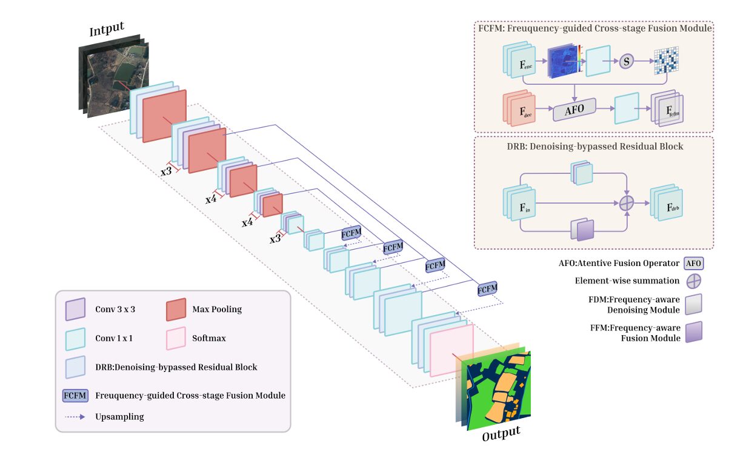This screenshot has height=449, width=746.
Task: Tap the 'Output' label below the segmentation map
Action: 501,433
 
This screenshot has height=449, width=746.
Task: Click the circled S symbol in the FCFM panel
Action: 627,62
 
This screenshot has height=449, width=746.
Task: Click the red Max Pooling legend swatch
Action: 175,309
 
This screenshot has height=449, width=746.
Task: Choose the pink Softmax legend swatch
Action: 175,338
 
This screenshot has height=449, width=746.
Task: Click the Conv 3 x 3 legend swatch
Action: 75,309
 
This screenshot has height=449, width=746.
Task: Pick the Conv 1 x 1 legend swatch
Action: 75,338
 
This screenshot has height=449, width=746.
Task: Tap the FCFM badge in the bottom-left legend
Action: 76,396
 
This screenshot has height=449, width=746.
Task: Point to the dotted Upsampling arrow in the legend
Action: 76,417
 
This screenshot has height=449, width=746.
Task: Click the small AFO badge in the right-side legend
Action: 693,264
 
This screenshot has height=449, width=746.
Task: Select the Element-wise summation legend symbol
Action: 693,281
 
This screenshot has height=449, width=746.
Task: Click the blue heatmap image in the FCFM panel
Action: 563,62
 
